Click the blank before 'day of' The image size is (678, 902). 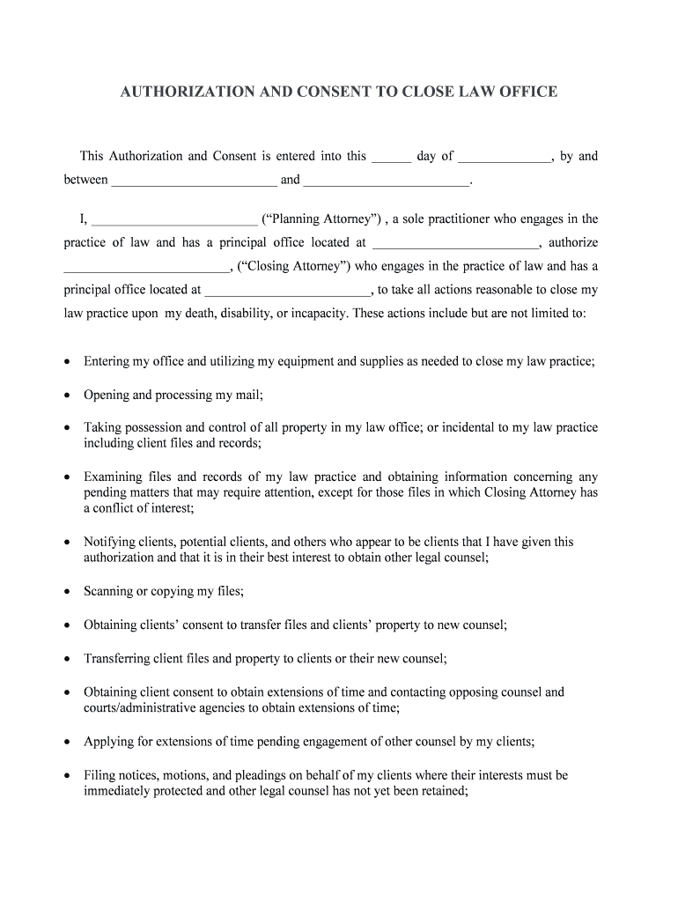[x=391, y=158]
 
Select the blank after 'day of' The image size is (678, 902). [x=505, y=158]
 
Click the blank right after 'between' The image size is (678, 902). [x=195, y=181]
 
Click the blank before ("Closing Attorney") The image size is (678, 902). [x=146, y=268]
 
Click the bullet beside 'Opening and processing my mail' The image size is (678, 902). [x=68, y=396]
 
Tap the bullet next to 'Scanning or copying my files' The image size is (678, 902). [x=68, y=592]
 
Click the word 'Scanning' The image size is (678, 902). [x=108, y=591]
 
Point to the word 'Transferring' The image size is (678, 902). [x=116, y=658]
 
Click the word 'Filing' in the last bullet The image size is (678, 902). [x=99, y=775]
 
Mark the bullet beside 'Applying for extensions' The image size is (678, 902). [x=68, y=742]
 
